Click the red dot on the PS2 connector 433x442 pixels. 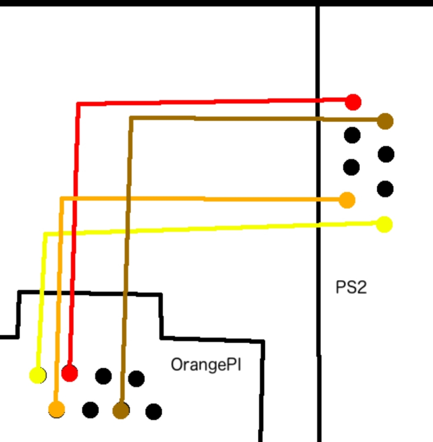353,102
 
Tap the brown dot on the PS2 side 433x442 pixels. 385,121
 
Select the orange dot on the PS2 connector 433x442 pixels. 347,200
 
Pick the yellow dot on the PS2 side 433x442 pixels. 384,224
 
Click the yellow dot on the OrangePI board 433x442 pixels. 38,375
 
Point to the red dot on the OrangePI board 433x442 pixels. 69,373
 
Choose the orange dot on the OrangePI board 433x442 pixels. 57,409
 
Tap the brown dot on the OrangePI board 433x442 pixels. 121,410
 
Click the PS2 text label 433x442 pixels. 351,287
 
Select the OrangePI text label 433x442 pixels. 206,365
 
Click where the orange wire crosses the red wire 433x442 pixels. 75,199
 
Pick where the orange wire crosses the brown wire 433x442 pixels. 129,199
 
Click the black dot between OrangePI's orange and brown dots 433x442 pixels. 90,410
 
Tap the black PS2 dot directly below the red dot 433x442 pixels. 352,135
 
